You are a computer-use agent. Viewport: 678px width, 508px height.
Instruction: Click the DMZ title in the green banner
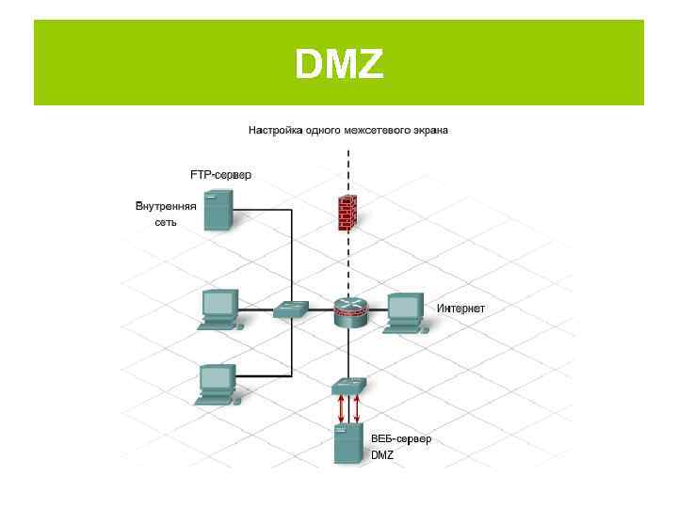tap(339, 64)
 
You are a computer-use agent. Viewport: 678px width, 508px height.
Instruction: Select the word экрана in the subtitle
tap(428, 130)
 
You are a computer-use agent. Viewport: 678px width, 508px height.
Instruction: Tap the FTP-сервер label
tap(221, 175)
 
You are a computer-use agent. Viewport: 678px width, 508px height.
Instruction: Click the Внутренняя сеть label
tap(166, 214)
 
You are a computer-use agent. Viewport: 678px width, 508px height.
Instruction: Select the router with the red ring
tap(348, 310)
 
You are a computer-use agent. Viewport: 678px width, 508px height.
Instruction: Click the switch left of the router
tap(291, 310)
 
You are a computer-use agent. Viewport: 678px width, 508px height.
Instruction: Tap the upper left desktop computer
tap(219, 309)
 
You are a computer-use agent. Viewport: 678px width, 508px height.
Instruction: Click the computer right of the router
tap(406, 312)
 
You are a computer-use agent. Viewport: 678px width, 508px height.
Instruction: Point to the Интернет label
tap(461, 309)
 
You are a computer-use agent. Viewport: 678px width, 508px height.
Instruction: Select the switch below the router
tap(348, 385)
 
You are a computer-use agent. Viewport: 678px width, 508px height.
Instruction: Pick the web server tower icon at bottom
tap(347, 443)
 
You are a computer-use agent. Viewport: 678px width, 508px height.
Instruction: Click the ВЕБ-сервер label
tap(401, 439)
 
